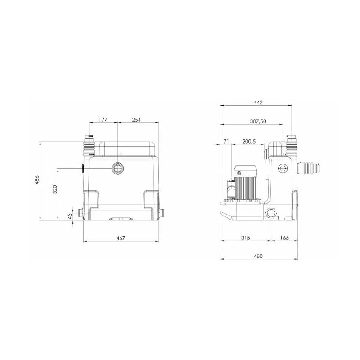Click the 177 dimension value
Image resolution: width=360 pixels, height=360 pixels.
click(103, 120)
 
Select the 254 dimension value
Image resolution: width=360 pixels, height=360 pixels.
click(136, 120)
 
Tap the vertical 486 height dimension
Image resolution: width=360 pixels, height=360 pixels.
click(37, 180)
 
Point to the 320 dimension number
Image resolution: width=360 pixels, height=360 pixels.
click(55, 189)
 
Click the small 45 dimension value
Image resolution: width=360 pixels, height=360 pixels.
click(70, 216)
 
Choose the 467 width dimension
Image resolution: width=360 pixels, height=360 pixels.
click(121, 238)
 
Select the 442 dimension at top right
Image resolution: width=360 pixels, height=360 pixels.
click(258, 103)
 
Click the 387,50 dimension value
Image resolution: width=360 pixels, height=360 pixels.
click(258, 121)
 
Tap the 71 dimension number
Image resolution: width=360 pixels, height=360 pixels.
click(226, 141)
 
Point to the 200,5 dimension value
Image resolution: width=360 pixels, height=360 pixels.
click(249, 141)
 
